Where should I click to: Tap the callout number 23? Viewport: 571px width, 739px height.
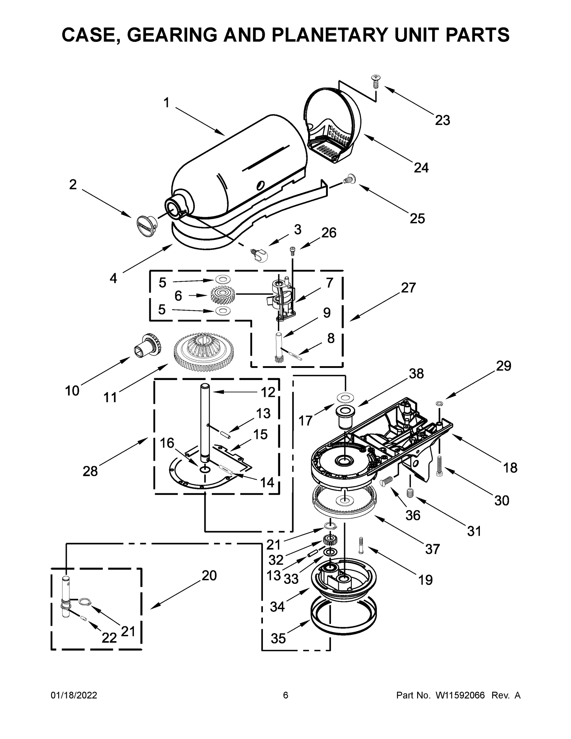(442, 120)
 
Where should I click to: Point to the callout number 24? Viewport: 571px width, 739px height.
(421, 168)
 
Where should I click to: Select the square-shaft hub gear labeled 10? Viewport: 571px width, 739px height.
(147, 346)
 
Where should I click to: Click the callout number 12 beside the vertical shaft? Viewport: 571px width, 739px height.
(268, 392)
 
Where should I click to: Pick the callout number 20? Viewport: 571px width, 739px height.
(209, 575)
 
